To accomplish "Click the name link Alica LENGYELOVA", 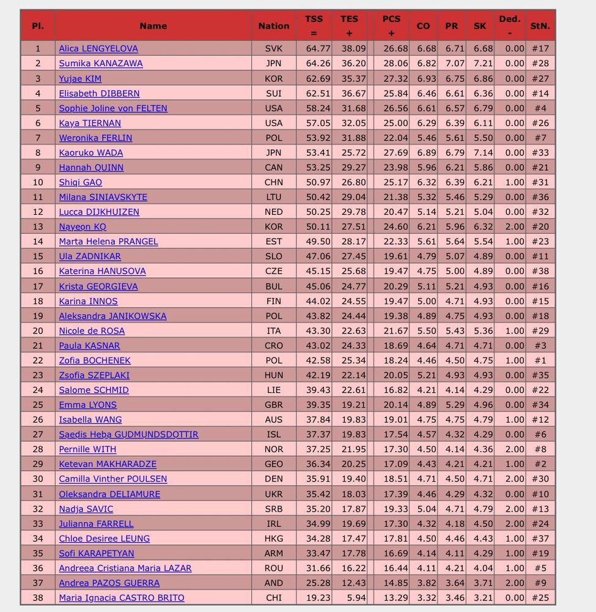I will coord(98,49).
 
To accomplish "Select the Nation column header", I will coord(274,26).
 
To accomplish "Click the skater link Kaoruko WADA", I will coord(91,153).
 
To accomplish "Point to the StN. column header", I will coord(540,26).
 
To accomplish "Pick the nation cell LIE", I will coord(274,390).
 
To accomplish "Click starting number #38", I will coord(540,271).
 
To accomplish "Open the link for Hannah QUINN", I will coord(91,168).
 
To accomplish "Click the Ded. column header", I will coord(510,26).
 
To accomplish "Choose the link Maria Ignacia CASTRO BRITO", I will coord(122,598).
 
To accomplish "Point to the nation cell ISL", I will coord(274,435).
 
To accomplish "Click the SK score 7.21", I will coord(480,64).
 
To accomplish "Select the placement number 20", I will coord(38,331).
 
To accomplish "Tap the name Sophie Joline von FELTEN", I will coord(113,108).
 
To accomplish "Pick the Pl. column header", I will coord(38,26).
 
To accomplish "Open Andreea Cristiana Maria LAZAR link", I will coord(125,569).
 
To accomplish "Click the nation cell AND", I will coord(274,583).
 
